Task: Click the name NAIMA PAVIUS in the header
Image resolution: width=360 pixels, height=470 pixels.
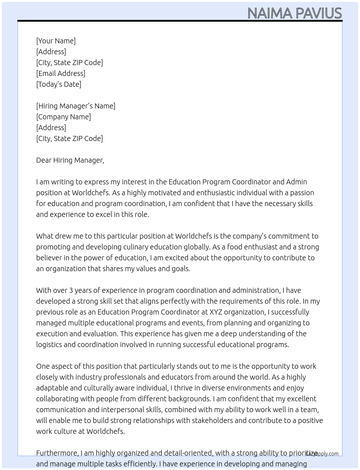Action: (x=294, y=13)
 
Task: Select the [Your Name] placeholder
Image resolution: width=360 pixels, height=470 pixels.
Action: (x=56, y=41)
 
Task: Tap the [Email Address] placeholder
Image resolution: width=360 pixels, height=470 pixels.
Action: (x=61, y=73)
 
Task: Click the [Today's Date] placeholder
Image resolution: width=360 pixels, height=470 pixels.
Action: (x=59, y=84)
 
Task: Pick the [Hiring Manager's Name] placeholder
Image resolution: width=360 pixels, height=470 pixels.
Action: (x=76, y=106)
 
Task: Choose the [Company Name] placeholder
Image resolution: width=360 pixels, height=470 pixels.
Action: (x=63, y=117)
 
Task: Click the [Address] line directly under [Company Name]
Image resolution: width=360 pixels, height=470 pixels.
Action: (x=51, y=128)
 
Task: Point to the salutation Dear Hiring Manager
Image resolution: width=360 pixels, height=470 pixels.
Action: (x=70, y=160)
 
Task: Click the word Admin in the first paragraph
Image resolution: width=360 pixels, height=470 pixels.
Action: (x=296, y=182)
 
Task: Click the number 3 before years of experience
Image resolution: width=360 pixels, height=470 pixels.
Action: (x=71, y=290)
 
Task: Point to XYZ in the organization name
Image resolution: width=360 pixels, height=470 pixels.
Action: (x=216, y=312)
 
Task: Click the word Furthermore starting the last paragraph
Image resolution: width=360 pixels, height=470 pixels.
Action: (x=57, y=453)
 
